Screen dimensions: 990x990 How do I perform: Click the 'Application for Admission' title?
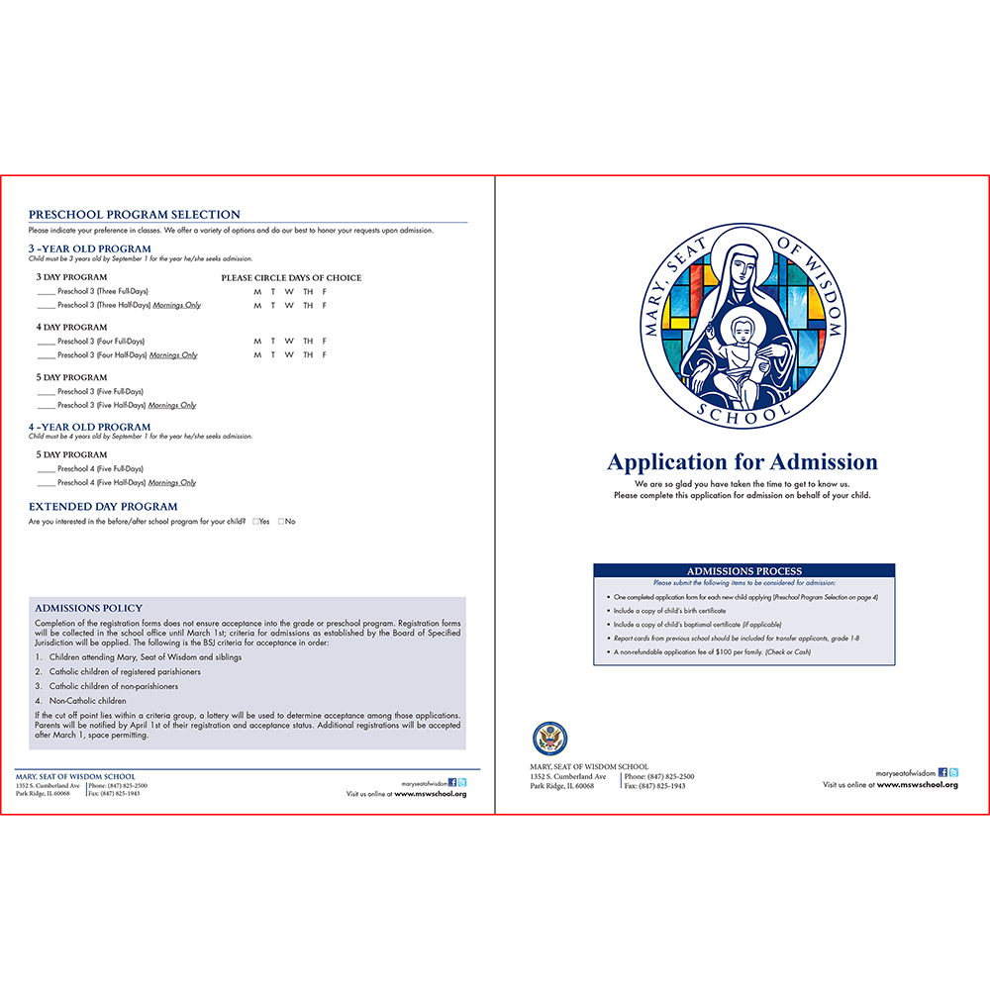[x=742, y=462]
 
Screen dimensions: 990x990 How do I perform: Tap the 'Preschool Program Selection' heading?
[x=134, y=215]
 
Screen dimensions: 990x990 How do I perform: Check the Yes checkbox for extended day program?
[x=255, y=521]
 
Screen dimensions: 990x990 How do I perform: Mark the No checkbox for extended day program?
[x=281, y=521]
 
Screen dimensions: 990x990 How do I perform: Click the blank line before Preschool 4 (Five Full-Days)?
[x=46, y=469]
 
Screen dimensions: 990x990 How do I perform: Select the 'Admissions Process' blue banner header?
[x=743, y=571]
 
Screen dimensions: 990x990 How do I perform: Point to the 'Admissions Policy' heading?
[x=88, y=608]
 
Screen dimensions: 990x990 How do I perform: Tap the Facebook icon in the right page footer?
[x=942, y=772]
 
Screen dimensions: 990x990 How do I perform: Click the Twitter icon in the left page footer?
[x=462, y=782]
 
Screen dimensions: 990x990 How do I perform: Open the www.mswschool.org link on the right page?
[x=917, y=785]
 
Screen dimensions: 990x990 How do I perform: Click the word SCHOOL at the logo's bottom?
[x=743, y=409]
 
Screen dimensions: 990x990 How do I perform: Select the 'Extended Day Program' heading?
[x=102, y=507]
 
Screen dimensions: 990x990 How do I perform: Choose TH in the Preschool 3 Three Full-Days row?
[x=308, y=291]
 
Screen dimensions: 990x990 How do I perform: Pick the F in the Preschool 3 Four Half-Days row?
[x=324, y=355]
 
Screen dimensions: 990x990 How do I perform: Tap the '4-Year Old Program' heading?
[x=89, y=427]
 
